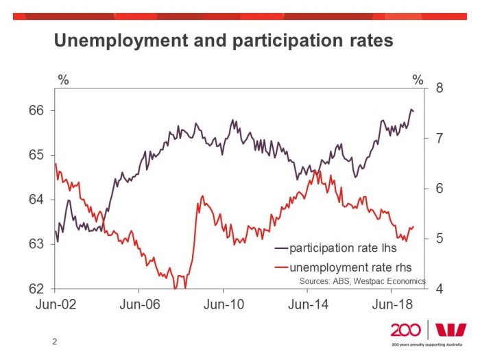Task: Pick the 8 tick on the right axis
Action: click(440, 88)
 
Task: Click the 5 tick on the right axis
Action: click(440, 239)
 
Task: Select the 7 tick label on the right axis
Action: click(440, 139)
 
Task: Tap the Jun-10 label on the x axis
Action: click(224, 304)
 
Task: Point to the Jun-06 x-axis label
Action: click(140, 304)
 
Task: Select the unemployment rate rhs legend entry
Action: click(348, 267)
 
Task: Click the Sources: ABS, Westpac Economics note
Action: click(362, 281)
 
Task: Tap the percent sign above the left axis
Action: click(63, 80)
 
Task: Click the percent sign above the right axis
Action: click(418, 80)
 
